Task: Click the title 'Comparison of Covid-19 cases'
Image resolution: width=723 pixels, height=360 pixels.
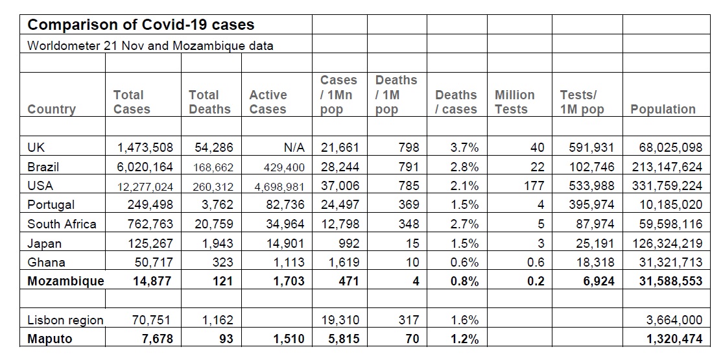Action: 141,25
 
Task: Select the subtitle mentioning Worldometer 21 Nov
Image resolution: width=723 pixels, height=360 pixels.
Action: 150,46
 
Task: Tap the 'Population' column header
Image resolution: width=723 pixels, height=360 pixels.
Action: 663,110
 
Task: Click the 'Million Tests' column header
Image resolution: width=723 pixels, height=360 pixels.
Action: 515,102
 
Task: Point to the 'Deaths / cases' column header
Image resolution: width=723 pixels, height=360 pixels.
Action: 456,102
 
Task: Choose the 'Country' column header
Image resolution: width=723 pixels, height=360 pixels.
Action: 51,110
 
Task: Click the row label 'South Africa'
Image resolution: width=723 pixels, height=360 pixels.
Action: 62,224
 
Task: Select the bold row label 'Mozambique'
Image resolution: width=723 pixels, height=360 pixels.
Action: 65,282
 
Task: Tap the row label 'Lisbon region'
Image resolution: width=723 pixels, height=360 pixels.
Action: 65,320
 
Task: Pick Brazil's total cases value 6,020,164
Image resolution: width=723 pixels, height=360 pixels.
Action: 145,167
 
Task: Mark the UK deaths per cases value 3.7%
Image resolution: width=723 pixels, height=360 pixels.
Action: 464,147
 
